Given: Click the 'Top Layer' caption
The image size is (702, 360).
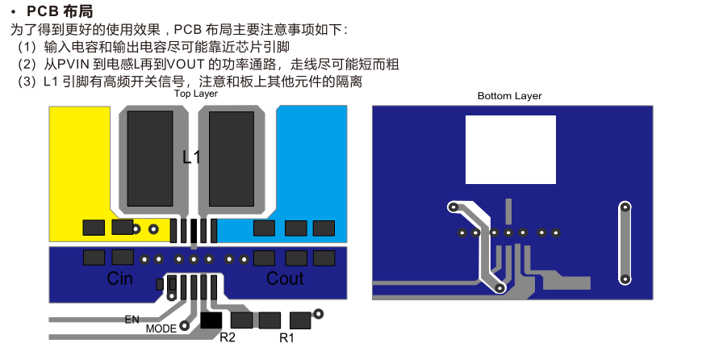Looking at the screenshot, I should (196, 94).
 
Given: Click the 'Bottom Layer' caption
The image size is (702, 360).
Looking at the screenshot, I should (509, 95).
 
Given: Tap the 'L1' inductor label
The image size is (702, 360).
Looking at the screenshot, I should (191, 157).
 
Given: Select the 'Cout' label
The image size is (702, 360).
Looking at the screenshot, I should (285, 278).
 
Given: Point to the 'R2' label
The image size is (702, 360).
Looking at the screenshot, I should (228, 337).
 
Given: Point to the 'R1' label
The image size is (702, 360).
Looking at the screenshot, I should (286, 337).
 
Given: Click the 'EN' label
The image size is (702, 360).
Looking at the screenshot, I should (132, 320).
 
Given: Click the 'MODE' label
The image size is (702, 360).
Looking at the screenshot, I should (161, 329).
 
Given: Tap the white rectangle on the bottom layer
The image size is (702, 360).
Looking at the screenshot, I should (511, 149).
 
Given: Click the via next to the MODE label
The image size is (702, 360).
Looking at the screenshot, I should (185, 326).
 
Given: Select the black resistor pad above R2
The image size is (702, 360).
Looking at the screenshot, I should (211, 320).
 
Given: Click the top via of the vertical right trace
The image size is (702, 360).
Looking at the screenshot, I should (624, 208).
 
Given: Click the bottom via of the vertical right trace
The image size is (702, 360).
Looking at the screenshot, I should (624, 279).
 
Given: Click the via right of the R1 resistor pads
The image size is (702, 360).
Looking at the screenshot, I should (319, 313).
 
